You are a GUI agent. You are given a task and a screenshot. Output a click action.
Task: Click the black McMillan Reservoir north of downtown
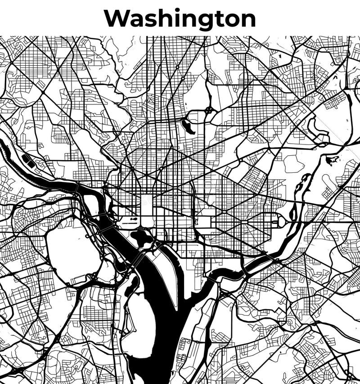pos(187,126)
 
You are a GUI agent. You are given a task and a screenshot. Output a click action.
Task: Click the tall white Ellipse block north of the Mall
pos(147,205)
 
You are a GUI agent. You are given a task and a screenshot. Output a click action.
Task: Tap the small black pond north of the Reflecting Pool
pos(134,219)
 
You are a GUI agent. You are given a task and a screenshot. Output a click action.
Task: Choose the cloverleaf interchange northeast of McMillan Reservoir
pos(208,110)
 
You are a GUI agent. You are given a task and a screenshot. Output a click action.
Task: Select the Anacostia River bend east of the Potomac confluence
pos(225,273)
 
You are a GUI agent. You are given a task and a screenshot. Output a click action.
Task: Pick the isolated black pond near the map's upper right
pos(333,159)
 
